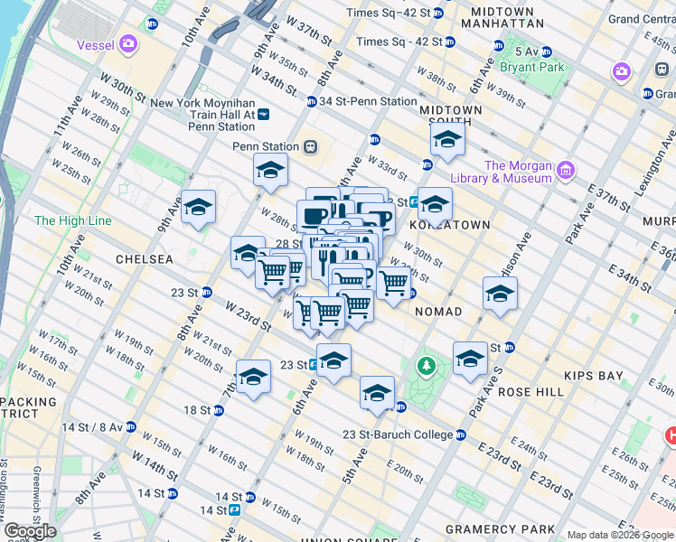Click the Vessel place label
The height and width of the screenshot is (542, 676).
pyautogui.click(x=95, y=43)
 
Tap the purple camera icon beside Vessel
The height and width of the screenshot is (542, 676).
pyautogui.click(x=128, y=43)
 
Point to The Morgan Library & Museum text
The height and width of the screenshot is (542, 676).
pyautogui.click(x=518, y=172)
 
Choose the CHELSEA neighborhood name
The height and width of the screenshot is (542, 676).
pyautogui.click(x=144, y=259)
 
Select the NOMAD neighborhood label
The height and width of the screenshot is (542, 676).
pyautogui.click(x=438, y=312)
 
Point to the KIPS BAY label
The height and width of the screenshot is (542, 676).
pyautogui.click(x=588, y=374)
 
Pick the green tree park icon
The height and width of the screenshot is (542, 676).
pyautogui.click(x=426, y=366)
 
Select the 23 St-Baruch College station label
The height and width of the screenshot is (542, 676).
pyautogui.click(x=398, y=435)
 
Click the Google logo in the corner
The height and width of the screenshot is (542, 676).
pyautogui.click(x=31, y=531)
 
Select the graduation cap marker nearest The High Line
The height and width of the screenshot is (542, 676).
pyautogui.click(x=198, y=207)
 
